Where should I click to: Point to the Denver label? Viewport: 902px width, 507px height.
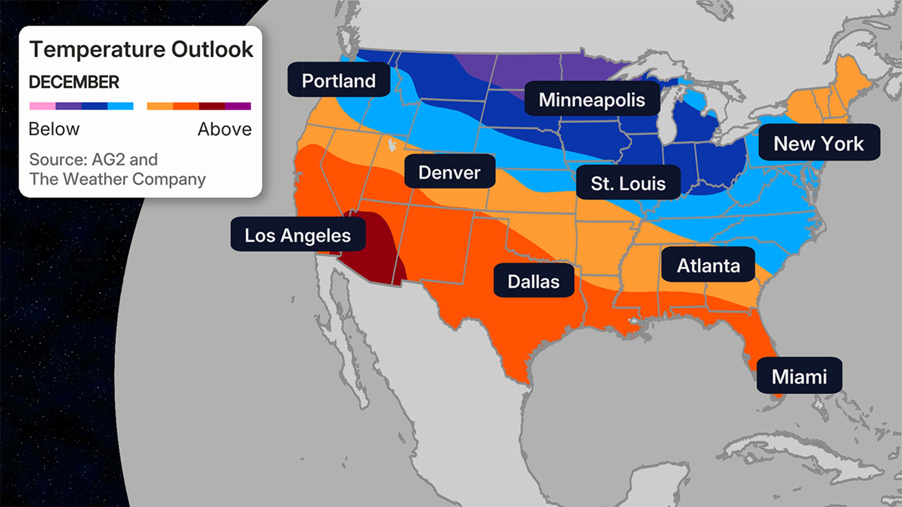449,172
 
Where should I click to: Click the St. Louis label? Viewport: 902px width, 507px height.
628,183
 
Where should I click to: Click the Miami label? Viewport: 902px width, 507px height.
799,376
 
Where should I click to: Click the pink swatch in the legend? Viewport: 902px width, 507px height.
42,106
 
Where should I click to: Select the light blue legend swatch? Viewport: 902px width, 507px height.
121,106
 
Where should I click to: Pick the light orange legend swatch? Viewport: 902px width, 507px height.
160,106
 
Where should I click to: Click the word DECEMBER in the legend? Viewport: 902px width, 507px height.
74,82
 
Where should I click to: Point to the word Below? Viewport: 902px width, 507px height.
54,129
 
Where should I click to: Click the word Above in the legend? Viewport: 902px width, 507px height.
225,129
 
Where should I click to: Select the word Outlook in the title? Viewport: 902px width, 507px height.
212,49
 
